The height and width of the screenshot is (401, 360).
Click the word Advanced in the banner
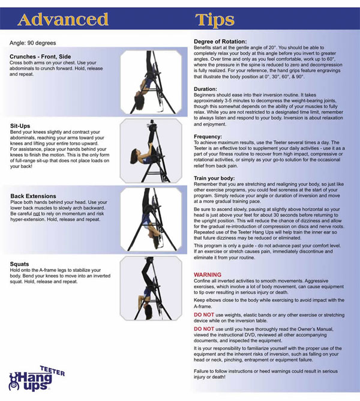63,19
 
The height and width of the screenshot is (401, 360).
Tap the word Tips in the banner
215,20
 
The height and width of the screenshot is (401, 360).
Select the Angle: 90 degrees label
33,43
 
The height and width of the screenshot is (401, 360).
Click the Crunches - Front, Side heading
40,56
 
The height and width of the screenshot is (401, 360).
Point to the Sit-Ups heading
20,126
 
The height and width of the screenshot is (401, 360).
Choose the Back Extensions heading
33,196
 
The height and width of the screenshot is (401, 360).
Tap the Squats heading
19,264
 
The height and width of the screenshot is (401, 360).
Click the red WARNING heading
208,275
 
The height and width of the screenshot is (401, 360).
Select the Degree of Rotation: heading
220,41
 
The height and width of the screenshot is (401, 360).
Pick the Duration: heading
205,89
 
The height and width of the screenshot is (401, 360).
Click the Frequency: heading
208,136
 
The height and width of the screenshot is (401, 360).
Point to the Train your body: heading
214,178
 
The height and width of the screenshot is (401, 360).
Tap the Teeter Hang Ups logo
37,378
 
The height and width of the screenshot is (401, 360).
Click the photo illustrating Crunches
151,82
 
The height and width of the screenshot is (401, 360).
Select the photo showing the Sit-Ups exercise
151,151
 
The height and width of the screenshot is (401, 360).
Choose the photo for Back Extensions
151,220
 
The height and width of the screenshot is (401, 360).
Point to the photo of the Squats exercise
151,288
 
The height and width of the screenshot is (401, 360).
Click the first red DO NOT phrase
204,315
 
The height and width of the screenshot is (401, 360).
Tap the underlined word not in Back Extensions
37,214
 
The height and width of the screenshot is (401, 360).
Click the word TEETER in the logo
52,370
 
